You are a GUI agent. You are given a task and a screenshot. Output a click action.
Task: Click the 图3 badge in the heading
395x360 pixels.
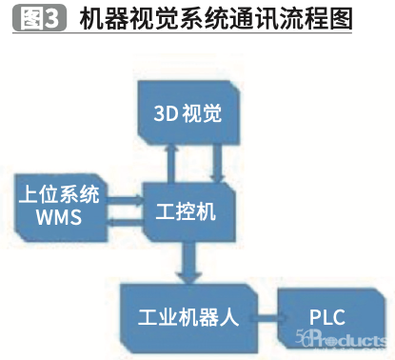point(38,16)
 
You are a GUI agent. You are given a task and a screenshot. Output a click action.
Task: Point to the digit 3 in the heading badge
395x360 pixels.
point(52,16)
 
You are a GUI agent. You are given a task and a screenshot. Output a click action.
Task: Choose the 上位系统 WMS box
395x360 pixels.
point(58,207)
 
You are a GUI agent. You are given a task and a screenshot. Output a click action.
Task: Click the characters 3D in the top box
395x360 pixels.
point(168,114)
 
